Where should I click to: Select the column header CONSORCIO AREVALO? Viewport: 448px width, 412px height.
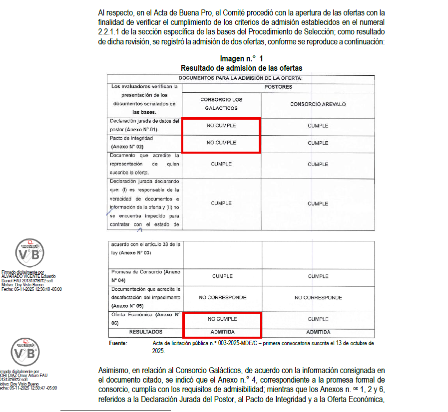318,104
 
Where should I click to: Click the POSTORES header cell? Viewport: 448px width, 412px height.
278,87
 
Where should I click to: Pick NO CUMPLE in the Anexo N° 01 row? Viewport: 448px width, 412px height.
221,126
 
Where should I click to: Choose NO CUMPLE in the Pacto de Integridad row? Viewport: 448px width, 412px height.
221,143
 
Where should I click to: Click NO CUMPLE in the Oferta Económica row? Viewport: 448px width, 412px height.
222,319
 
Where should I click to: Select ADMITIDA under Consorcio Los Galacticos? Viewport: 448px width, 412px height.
222,332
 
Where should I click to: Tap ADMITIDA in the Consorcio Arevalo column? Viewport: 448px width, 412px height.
318,332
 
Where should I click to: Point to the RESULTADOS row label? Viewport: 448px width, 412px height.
146,332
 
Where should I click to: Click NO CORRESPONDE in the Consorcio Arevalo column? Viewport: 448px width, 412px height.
318,298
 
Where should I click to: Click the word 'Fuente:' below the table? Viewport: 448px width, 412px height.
118,344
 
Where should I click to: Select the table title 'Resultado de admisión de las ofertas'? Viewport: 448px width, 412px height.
241,68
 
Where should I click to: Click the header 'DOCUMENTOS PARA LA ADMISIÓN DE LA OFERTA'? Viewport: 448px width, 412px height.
241,78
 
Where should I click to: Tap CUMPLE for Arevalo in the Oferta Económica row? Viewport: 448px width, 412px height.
318,319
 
